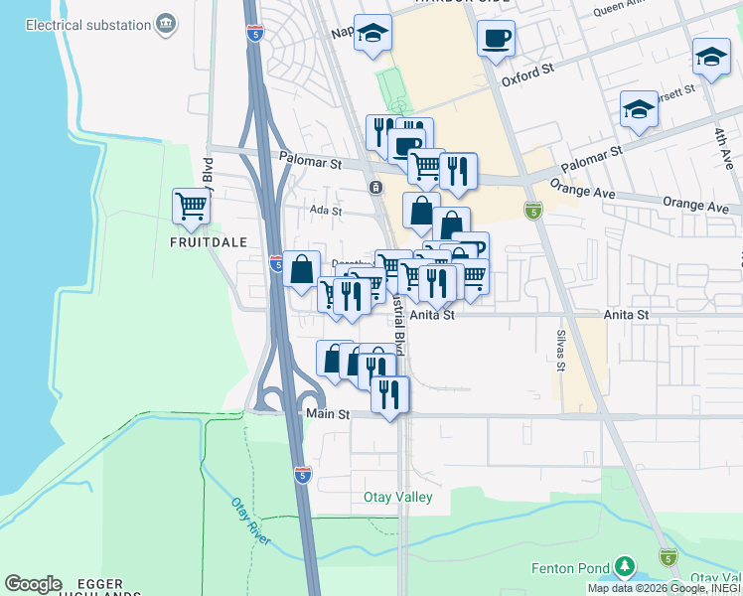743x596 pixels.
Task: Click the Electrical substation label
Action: (78, 22)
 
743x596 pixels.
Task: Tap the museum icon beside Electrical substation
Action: (166, 22)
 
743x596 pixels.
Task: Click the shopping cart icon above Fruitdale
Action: (192, 207)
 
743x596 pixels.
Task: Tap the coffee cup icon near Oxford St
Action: (496, 40)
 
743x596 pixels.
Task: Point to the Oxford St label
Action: (526, 74)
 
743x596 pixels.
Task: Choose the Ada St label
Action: (325, 211)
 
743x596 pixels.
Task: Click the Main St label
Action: (328, 413)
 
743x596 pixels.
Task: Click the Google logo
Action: (33, 584)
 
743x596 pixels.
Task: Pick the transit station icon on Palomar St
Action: (374, 187)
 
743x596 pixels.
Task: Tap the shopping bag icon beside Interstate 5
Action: (301, 268)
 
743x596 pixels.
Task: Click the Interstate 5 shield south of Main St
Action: (303, 475)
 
